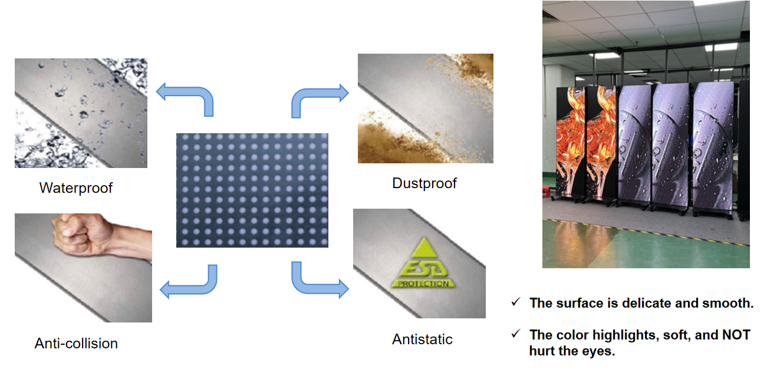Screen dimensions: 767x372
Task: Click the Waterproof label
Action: coord(75,188)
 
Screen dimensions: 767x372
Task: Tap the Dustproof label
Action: coord(424,183)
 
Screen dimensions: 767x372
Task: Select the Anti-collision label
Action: coord(76,344)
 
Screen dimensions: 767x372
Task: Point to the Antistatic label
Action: coord(422,340)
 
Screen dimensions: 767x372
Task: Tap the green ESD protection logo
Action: coord(423,263)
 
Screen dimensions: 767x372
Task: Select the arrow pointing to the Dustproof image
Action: coord(308,96)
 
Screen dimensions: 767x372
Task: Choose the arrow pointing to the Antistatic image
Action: coord(308,287)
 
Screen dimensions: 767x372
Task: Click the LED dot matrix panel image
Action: coord(252,190)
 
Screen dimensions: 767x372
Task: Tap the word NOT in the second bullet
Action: coord(736,335)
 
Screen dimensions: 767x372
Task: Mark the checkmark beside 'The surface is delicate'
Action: coord(516,302)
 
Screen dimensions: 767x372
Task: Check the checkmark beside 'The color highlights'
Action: coord(516,333)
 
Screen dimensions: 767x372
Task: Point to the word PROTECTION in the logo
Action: coord(423,284)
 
